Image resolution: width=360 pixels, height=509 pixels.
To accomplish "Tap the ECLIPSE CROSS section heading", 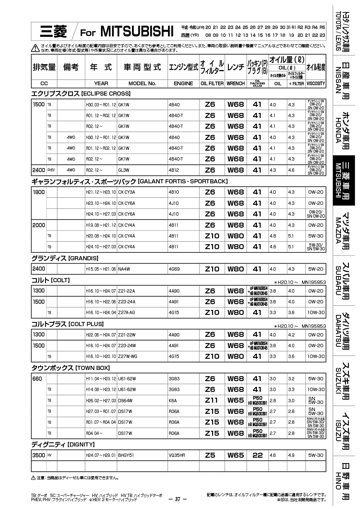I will coord(81,94).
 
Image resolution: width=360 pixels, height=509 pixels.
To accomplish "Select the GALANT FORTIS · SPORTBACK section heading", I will coord(130,181).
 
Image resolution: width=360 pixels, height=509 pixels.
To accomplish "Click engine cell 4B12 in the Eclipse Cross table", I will coord(174,170).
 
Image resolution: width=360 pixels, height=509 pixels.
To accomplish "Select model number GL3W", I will coord(124,170).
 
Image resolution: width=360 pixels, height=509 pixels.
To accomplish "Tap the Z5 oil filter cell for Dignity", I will coord(210,455).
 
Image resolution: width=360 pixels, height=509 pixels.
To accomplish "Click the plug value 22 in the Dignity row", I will coord(257,455).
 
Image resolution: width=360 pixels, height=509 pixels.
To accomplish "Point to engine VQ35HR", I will coord(177,455).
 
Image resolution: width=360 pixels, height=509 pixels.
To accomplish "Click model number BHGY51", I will coord(126,455).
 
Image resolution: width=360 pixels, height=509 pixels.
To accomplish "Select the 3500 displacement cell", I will coord(38,455).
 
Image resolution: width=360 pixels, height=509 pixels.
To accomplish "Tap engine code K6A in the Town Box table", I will coord(173,401).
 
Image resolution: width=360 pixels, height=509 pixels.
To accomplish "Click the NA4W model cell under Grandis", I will coord(124,269).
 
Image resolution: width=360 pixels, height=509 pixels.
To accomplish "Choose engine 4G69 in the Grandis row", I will coord(174,269).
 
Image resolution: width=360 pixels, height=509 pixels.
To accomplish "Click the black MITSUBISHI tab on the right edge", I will coord(343,180).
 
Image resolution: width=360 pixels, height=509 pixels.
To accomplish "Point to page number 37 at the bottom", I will coord(178,499).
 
